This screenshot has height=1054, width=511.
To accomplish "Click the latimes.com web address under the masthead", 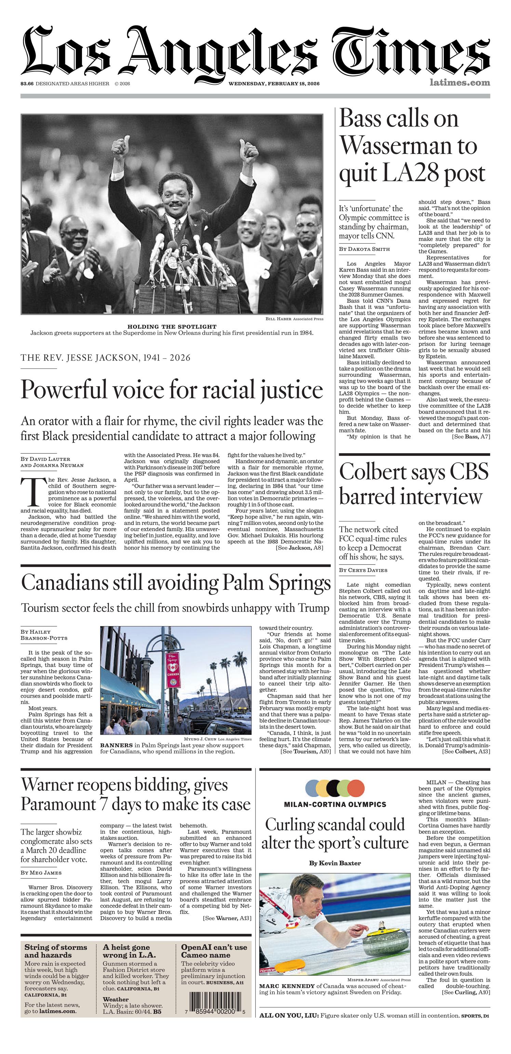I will click(460, 83).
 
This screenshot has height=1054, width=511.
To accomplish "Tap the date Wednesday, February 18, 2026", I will click(274, 84).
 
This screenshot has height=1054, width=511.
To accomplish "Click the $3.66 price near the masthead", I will click(27, 84).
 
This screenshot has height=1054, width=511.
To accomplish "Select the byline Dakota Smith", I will click(364, 249).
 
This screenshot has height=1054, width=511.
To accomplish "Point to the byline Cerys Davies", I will click(363, 570).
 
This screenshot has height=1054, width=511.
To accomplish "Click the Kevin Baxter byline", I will click(335, 863).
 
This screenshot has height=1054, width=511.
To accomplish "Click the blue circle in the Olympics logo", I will click(313, 788).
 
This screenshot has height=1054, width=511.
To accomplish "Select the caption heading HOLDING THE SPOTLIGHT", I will click(172, 326).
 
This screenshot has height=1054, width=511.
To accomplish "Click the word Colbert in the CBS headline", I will click(371, 472).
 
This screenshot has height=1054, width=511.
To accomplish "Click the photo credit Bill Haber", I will click(278, 319).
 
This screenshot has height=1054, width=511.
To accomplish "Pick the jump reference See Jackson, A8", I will click(299, 548).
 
